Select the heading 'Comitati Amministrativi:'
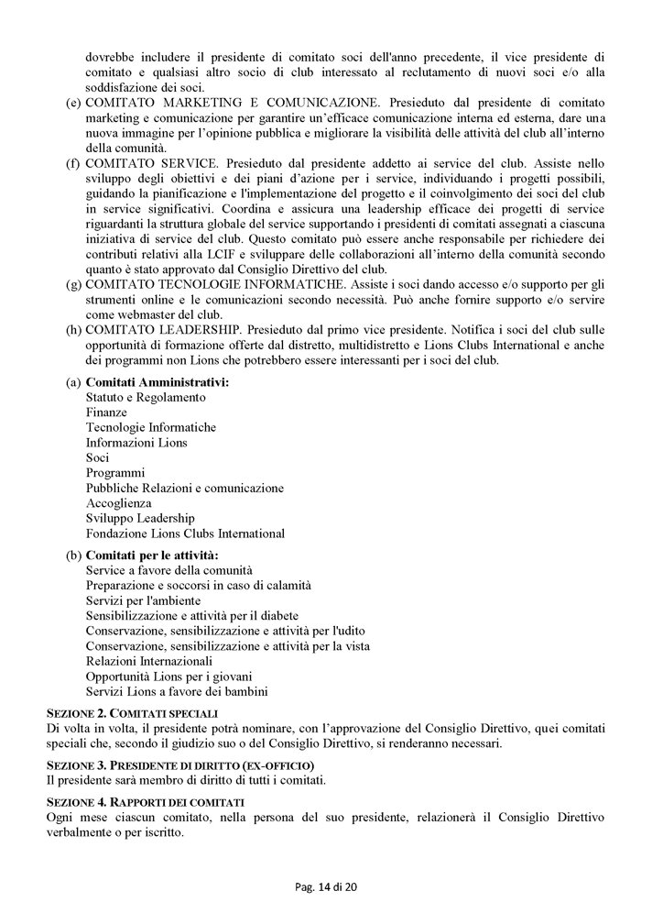158,382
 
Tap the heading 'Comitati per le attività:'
152,555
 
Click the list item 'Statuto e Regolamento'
146,398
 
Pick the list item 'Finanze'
106,412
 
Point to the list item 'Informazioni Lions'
136,443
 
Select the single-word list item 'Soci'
97,457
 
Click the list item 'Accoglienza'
119,503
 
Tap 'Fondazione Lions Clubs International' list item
185,533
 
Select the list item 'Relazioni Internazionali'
149,661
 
